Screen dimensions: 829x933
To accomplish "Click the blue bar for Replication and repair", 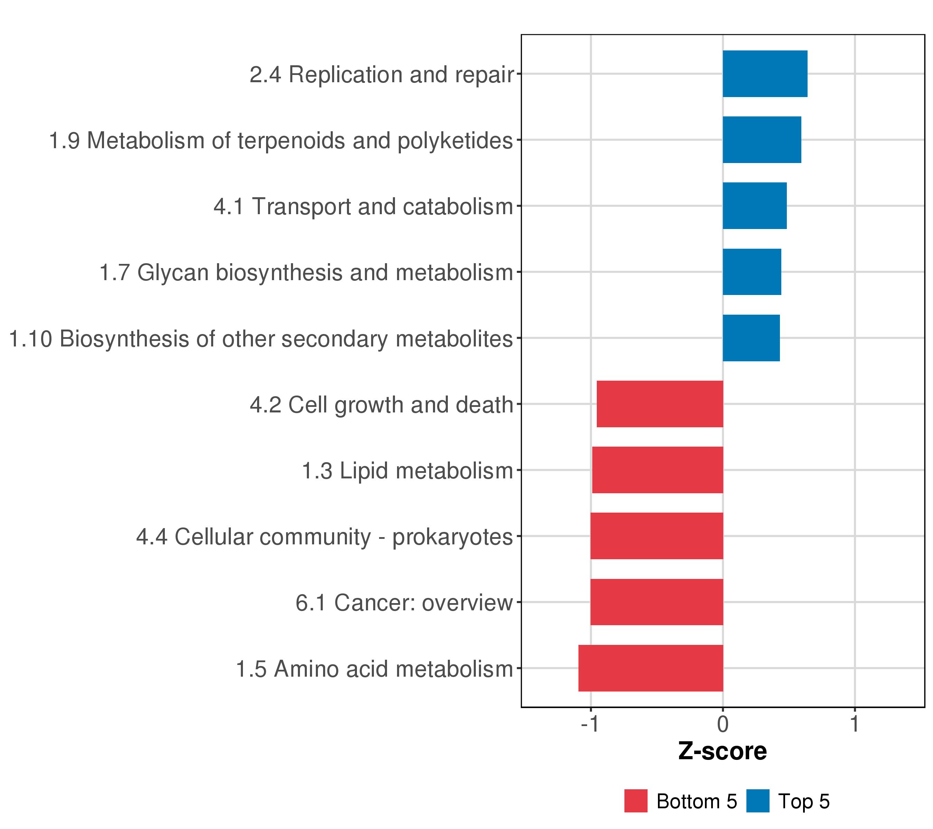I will pyautogui.click(x=765, y=74).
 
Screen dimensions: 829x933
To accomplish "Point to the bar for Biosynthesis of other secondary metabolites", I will pyautogui.click(x=751, y=338).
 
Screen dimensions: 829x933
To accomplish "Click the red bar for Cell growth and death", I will pyautogui.click(x=660, y=404).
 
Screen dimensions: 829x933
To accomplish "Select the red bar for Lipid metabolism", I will pyautogui.click(x=657, y=470).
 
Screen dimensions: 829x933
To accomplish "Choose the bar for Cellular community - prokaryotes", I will pyautogui.click(x=657, y=536).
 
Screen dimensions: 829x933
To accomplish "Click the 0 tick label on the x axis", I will pyautogui.click(x=723, y=725).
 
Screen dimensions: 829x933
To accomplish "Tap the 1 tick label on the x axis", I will pyautogui.click(x=855, y=725).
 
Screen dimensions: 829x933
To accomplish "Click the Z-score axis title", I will pyautogui.click(x=722, y=751).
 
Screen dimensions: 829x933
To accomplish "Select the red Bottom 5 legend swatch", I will pyautogui.click(x=636, y=801).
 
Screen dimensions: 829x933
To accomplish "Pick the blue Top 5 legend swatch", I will pyautogui.click(x=758, y=801).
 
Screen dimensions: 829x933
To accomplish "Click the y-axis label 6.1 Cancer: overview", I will pyautogui.click(x=404, y=603).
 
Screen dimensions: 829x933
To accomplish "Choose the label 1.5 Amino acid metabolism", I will pyautogui.click(x=374, y=669).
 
